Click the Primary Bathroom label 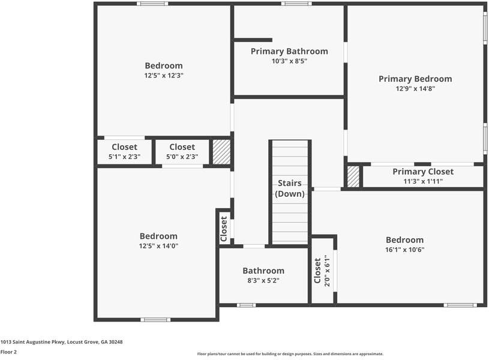pos(289,51)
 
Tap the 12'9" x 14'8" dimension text pos(415,89)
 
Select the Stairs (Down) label pos(290,188)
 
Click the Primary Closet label pos(423,172)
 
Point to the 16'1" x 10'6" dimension pos(404,250)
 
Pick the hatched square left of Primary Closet pos(353,176)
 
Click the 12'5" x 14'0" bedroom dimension pos(158,245)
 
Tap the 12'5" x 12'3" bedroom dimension pos(163,76)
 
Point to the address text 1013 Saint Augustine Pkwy pos(61,342)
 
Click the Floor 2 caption pos(8,352)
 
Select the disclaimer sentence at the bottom pos(290,354)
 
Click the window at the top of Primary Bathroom pos(293,4)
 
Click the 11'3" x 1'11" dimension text pos(422,181)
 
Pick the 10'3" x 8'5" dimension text pos(289,61)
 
